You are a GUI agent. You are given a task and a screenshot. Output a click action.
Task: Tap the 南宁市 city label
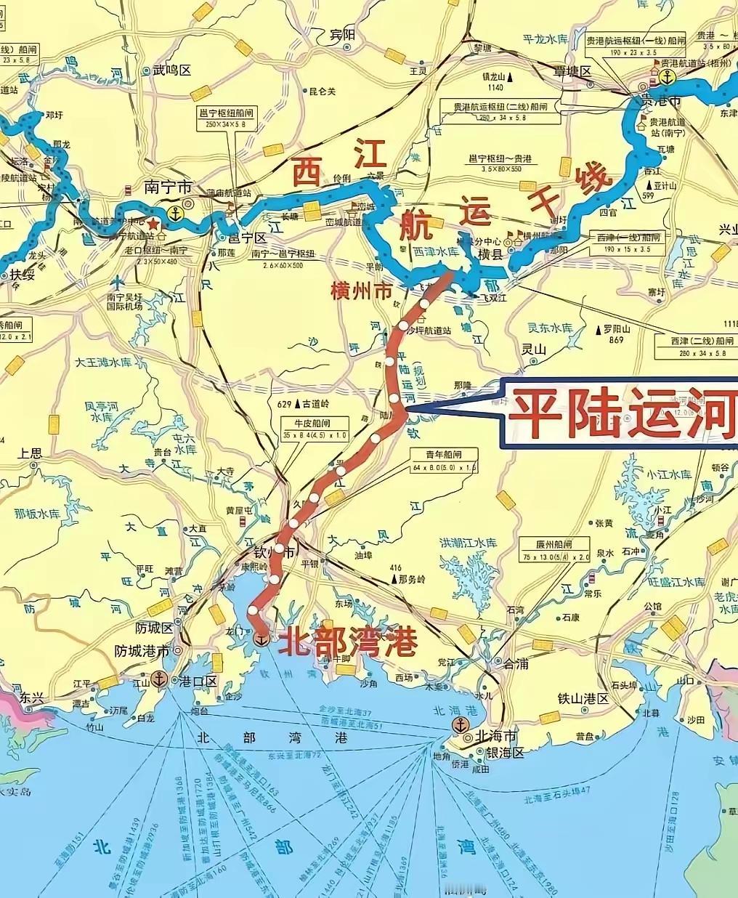pyautogui.click(x=161, y=186)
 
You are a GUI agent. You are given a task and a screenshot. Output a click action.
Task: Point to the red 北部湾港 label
pyautogui.click(x=350, y=642)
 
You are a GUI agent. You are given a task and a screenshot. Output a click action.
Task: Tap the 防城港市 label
pyautogui.click(x=142, y=651)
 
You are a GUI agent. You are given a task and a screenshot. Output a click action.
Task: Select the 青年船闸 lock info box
pyautogui.click(x=443, y=461)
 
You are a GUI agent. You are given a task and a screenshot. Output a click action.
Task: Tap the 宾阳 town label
pyautogui.click(x=342, y=34)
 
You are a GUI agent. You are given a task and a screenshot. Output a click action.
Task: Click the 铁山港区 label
pyautogui.click(x=582, y=698)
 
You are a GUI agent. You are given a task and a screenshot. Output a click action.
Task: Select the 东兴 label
pyautogui.click(x=32, y=697)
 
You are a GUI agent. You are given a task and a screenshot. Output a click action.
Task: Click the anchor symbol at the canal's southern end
pyautogui.click(x=261, y=639)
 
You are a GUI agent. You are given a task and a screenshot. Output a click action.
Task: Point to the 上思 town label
pyautogui.click(x=31, y=453)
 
